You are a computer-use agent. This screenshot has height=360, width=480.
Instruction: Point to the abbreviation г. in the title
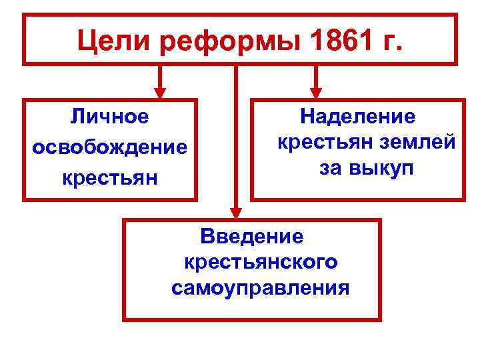coord(389,41)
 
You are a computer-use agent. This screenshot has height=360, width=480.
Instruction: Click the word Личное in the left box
coord(110,117)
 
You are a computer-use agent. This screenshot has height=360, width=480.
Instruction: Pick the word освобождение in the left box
coord(110,148)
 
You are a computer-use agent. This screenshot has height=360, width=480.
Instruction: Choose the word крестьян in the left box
coord(110,178)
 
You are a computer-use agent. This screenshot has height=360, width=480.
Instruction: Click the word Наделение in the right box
coord(357,117)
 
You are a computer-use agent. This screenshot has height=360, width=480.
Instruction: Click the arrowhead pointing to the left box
coord(159,91)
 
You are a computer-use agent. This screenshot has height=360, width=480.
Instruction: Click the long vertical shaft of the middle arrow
coord(235,133)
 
